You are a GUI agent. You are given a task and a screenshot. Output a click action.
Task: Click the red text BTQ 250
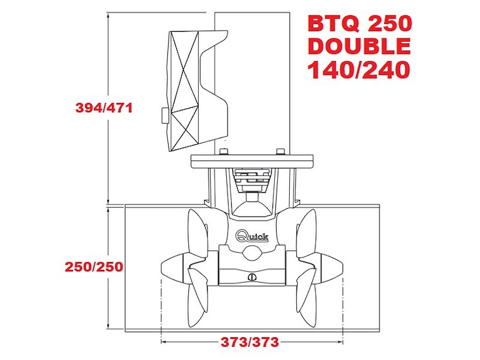tap(360, 23)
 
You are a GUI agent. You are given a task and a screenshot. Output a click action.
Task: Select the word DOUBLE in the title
tap(359, 46)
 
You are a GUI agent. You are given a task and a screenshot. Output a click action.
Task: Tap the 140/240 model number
tap(358, 70)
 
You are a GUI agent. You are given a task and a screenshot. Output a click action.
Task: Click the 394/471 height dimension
tap(104, 108)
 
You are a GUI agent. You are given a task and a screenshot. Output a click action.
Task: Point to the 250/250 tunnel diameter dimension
tap(94, 267)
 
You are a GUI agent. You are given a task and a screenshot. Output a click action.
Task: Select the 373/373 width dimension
tap(250, 341)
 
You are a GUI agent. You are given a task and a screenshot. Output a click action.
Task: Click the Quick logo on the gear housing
tap(252, 236)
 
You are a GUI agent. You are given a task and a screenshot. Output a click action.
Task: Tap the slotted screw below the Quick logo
tap(252, 277)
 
